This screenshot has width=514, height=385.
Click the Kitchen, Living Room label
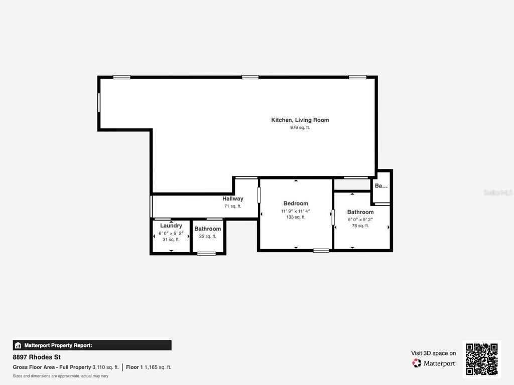coord(300,120)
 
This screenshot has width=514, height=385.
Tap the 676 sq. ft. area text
coord(300,128)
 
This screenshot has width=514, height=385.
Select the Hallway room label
coord(233,199)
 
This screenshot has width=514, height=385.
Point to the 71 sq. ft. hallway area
coord(233,206)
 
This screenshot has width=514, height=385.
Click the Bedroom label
coord(296,203)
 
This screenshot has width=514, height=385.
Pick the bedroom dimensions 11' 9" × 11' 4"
coord(296,211)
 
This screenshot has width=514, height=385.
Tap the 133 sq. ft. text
coord(296,217)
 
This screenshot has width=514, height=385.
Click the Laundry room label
coord(171,226)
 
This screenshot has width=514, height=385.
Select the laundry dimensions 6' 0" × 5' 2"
coord(171,233)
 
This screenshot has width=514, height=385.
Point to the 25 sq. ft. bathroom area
coord(207,236)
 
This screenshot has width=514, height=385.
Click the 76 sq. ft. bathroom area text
coord(360,226)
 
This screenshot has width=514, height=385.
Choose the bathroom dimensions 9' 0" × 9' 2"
coord(360,220)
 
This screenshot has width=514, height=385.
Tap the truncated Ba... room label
coord(381,185)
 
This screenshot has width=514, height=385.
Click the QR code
coord(481,359)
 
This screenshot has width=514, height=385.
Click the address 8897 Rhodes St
coord(37,357)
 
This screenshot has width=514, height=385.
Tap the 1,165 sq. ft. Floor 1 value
coord(158,367)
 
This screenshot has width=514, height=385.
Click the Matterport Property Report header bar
coord(92,345)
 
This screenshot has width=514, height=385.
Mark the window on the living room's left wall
coord(99,103)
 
